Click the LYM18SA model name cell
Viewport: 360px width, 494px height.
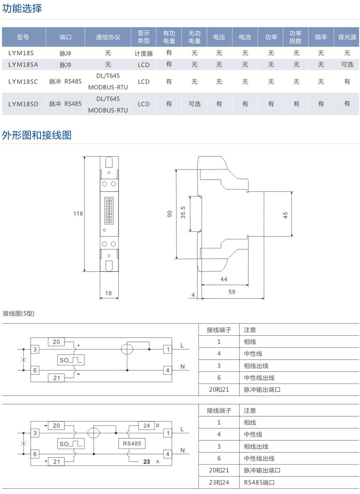pyautogui.click(x=23, y=64)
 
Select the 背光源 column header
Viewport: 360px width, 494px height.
pyautogui.click(x=347, y=37)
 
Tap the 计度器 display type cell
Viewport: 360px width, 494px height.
pyautogui.click(x=143, y=53)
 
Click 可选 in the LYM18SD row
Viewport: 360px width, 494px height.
pyautogui.click(x=194, y=104)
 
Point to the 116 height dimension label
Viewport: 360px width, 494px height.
pyautogui.click(x=78, y=214)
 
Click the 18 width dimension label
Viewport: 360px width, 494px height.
pyautogui.click(x=108, y=294)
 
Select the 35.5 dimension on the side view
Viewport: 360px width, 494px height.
pyautogui.click(x=183, y=212)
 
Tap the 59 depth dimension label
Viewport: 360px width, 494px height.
pyautogui.click(x=232, y=292)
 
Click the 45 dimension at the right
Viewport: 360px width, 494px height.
pyautogui.click(x=285, y=215)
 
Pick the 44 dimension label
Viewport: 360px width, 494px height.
pyautogui.click(x=224, y=279)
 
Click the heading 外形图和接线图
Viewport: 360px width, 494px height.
pyautogui.click(x=37, y=135)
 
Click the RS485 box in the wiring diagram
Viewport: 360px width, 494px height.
pyautogui.click(x=132, y=444)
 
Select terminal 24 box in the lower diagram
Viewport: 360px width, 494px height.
pyautogui.click(x=146, y=426)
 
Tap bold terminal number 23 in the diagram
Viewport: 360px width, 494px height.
pyautogui.click(x=146, y=462)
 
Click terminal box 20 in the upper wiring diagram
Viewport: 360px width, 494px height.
pyautogui.click(x=56, y=342)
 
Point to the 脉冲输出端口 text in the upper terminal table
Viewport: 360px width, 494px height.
pyautogui.click(x=262, y=390)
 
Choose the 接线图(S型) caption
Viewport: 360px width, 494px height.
pyautogui.click(x=19, y=313)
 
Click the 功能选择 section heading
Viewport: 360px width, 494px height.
pyautogui.click(x=22, y=8)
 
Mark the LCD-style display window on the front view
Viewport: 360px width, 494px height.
pyautogui.click(x=109, y=211)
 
